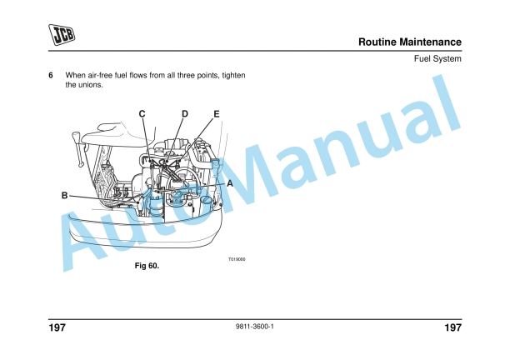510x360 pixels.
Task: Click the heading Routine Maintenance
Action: click(x=409, y=42)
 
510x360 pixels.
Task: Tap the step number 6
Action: click(x=51, y=76)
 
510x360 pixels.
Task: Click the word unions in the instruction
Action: click(x=91, y=85)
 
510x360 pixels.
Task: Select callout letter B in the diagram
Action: click(x=64, y=196)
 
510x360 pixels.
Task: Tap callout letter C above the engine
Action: click(x=142, y=113)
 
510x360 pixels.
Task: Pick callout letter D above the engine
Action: click(x=184, y=113)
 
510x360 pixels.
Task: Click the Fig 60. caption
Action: click(x=147, y=266)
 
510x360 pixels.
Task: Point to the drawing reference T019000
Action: click(x=237, y=259)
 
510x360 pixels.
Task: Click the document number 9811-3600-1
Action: click(x=255, y=326)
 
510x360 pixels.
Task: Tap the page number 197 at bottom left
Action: click(x=57, y=328)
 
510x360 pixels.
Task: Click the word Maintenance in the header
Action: click(x=432, y=42)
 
